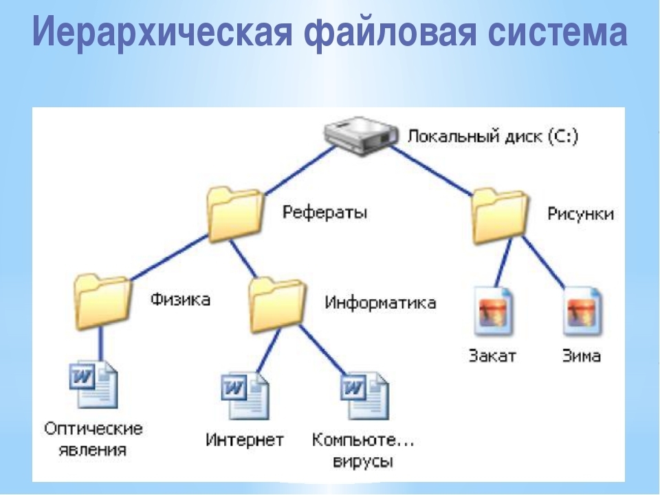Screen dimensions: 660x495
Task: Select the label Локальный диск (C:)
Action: coord(493,136)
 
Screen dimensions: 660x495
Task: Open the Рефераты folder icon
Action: coord(235,214)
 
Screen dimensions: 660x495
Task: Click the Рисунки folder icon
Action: coord(500,216)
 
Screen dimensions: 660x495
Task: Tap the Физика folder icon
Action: coord(102,301)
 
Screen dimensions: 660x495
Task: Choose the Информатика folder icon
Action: coord(277,305)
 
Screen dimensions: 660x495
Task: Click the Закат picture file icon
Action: coord(494,311)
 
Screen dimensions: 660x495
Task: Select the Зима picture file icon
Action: coord(582,311)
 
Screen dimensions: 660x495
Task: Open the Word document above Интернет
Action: coord(245,395)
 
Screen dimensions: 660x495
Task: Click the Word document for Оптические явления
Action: coord(93,384)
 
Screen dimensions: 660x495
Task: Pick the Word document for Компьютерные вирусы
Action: coord(364,395)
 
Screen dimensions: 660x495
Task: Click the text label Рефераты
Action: coord(324,212)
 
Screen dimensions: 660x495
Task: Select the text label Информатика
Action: coord(380,302)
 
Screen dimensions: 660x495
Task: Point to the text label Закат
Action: coord(492,355)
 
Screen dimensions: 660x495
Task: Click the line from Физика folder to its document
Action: coord(100,344)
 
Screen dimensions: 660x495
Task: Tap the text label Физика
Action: coord(180,299)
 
